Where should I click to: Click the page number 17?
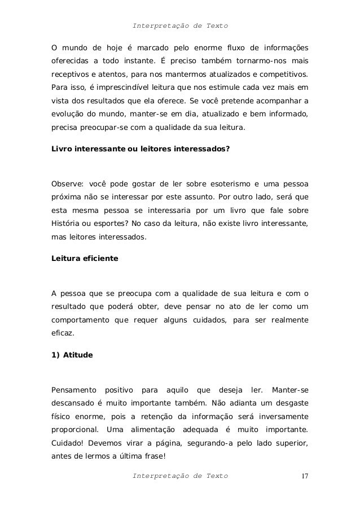coord(304,476)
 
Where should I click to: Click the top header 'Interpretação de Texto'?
coord(179,26)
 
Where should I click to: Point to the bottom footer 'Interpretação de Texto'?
coord(179,476)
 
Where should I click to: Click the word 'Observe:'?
coord(67,184)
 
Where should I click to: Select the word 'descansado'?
coord(72,403)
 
